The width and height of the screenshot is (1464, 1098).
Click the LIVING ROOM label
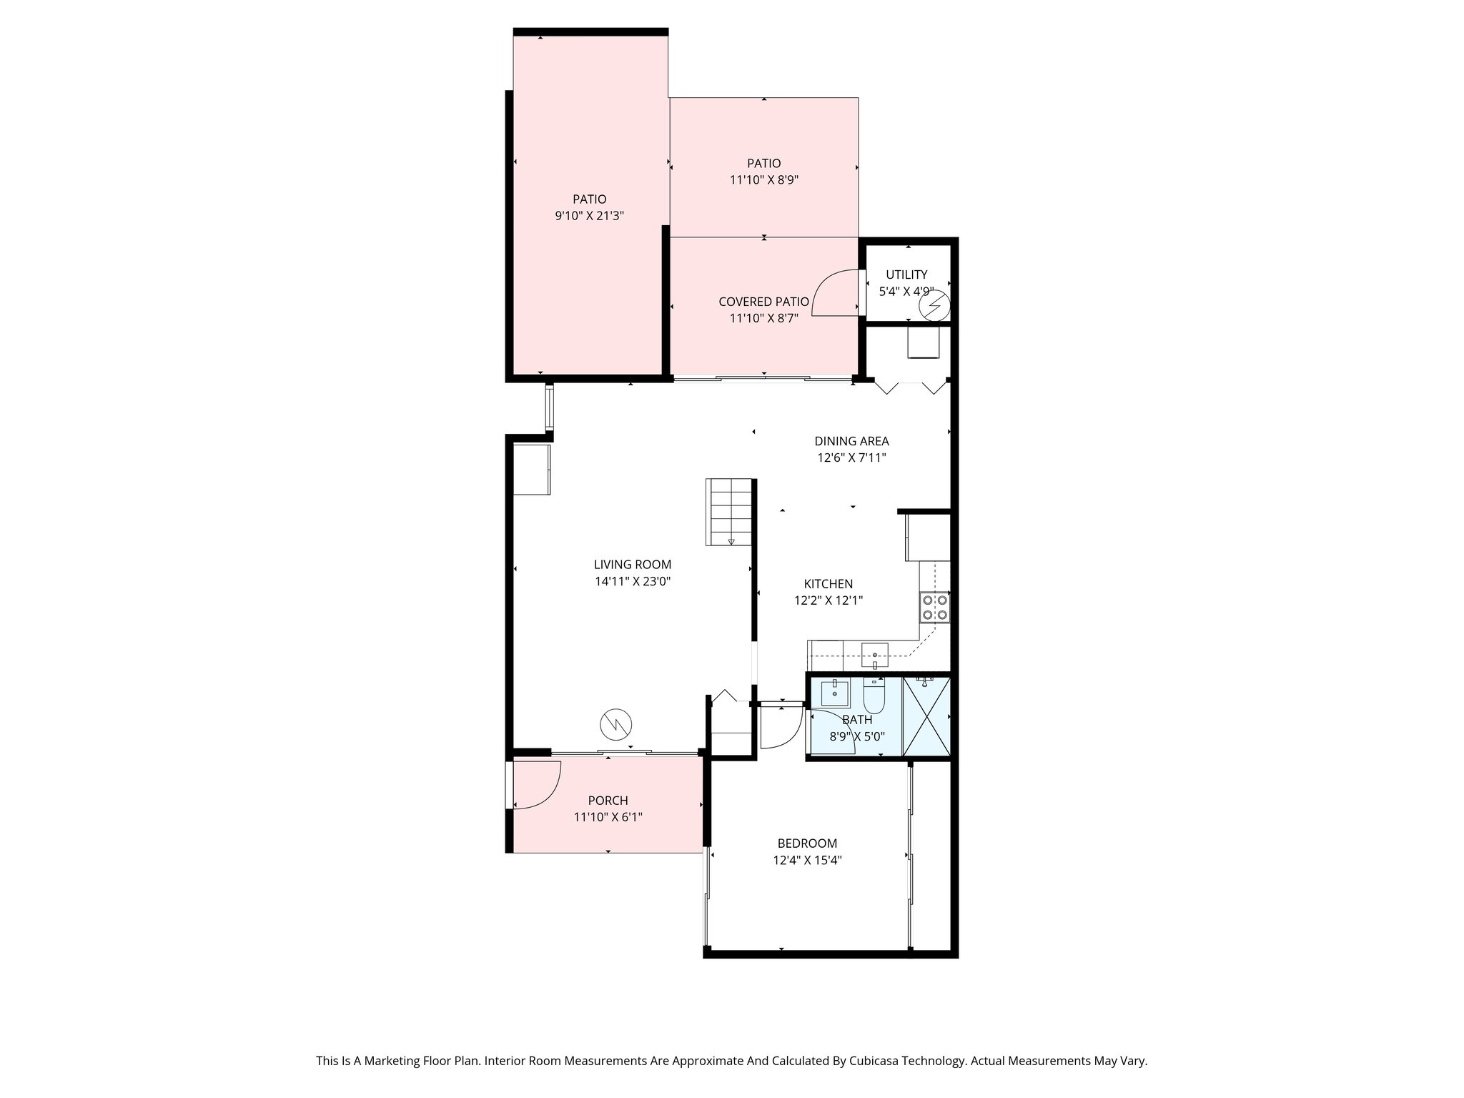[x=632, y=565]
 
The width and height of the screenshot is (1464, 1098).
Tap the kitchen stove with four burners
[x=934, y=608]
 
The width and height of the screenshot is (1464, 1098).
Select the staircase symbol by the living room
[x=730, y=512]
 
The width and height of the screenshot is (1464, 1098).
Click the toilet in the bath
[x=874, y=695]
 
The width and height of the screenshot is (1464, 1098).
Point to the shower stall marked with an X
[x=926, y=716]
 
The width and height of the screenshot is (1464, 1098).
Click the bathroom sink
[x=835, y=693]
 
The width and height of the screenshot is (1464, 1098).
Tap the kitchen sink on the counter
[x=875, y=653]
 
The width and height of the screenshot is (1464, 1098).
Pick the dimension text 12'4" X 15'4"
[x=807, y=861]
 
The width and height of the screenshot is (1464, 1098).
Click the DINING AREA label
[x=851, y=441]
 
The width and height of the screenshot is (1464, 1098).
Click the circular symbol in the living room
[x=615, y=725]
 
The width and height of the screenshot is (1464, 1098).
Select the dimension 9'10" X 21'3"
[x=590, y=216]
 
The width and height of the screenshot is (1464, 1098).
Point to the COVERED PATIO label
[x=763, y=302]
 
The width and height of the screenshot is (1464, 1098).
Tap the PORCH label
[x=608, y=801]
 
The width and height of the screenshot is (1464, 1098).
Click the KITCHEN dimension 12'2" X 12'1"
[x=828, y=601]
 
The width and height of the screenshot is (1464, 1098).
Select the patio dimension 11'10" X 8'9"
[x=763, y=180]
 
